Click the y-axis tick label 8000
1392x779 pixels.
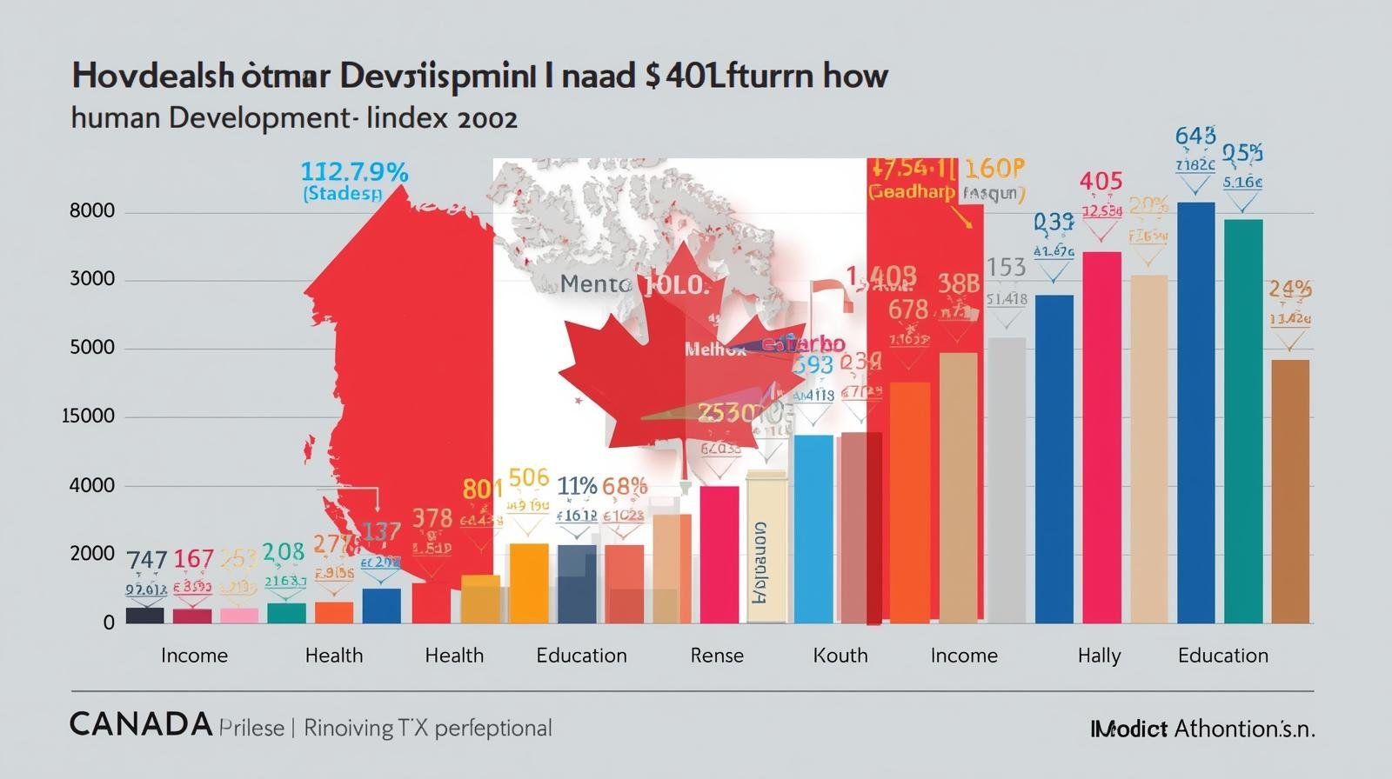pos(92,211)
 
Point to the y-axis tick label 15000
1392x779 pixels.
pos(89,416)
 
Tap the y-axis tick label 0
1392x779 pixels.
pos(109,623)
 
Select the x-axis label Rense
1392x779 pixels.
pos(717,656)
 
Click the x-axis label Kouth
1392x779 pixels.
pos(840,656)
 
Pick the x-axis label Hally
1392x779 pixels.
pos(1099,656)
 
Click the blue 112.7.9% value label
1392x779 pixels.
pos(354,172)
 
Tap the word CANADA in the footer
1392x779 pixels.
pos(141,724)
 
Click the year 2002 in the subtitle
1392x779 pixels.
pos(485,118)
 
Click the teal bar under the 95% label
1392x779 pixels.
pos(1243,422)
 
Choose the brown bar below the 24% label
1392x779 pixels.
pos(1290,491)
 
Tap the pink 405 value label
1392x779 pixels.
pos(1101,182)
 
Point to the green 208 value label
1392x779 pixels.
pos(284,552)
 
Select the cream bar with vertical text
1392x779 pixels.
pos(766,548)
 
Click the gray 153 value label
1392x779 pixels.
pos(1007,268)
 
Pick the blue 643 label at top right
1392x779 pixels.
pos(1195,136)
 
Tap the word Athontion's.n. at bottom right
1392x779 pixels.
pos(1245,729)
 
